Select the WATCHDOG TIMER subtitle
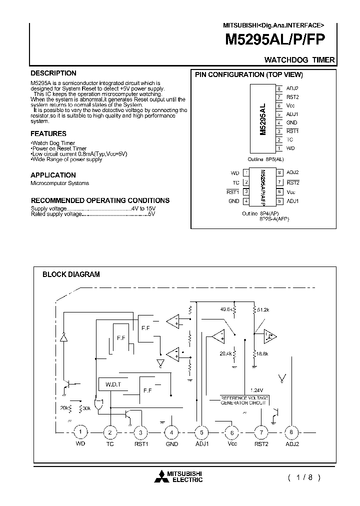299,60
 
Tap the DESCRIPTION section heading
53,73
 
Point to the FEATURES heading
48,134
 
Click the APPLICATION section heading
53,175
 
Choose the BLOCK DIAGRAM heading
71,274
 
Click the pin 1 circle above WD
80,432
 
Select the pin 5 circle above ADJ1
201,432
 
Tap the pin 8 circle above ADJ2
291,432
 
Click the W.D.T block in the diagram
113,384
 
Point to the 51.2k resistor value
263,310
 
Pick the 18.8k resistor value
262,354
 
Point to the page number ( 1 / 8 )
303,477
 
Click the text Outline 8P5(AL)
266,159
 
